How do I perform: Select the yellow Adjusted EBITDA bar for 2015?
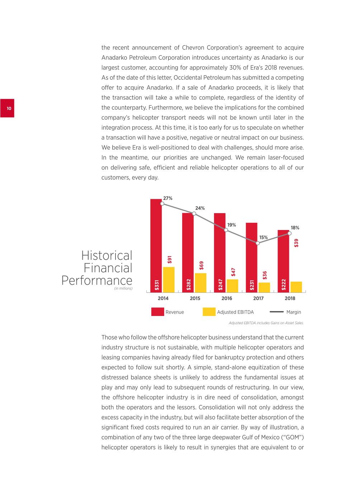tap(200, 283)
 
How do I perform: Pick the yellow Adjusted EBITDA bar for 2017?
tap(264, 287)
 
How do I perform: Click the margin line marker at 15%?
tap(257, 243)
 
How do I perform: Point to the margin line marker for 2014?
tap(162, 203)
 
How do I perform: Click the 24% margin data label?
tap(200, 208)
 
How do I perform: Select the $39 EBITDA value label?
tap(296, 243)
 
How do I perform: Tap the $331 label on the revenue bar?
tap(157, 285)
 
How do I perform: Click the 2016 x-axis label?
tap(227, 298)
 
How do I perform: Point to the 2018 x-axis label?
tap(290, 298)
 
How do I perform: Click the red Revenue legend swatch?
tap(157, 312)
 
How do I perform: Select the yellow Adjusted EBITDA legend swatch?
tap(209, 312)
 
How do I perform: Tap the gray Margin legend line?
tap(276, 312)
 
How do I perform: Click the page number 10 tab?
tap(7, 108)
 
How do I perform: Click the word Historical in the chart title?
tap(106, 256)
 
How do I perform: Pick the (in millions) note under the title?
tap(123, 288)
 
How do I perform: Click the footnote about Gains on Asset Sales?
tap(266, 323)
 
